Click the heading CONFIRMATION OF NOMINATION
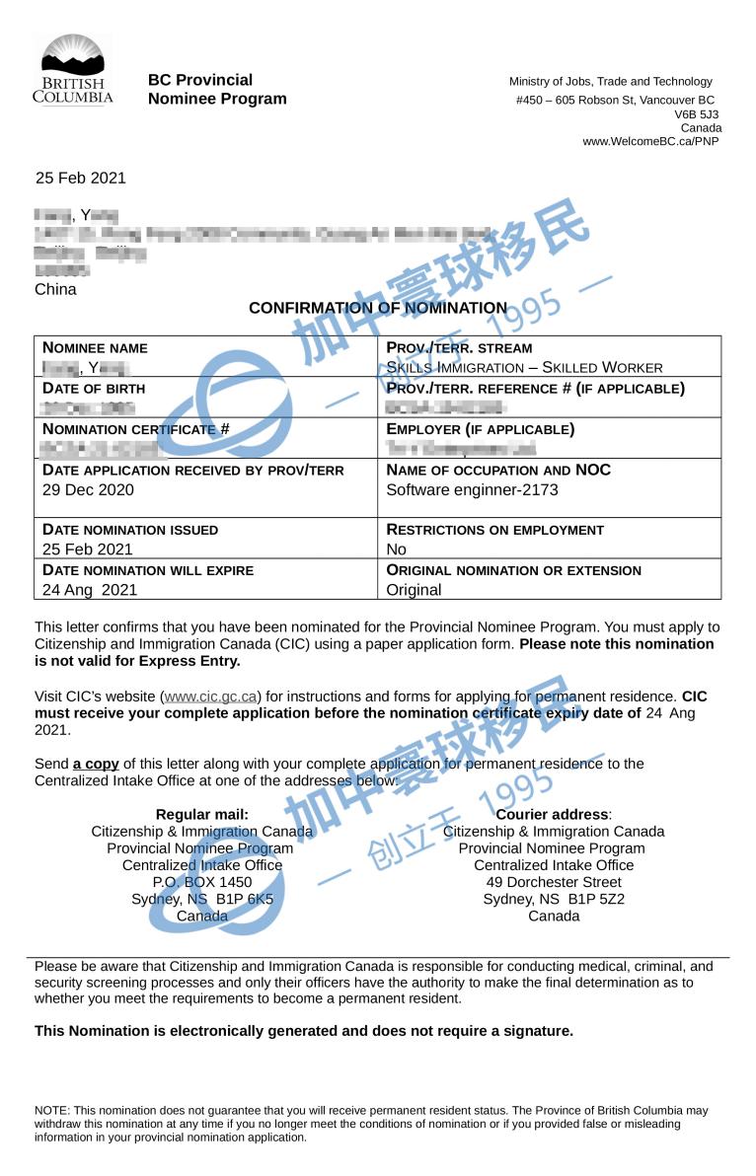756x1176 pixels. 378,308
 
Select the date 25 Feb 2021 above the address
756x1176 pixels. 81,178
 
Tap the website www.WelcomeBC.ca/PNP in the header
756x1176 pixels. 650,141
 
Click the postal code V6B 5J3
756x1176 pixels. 697,114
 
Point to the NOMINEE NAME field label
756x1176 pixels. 95,347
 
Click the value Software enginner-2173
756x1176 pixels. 472,489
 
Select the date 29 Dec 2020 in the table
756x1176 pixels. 88,489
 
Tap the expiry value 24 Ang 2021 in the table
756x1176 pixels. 90,590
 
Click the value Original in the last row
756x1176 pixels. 414,590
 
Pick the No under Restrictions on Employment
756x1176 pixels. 396,550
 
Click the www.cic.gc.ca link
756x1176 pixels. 211,697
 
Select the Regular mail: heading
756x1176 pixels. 202,814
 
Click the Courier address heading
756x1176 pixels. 554,814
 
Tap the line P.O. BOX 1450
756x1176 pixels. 202,882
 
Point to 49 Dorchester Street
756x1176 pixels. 554,882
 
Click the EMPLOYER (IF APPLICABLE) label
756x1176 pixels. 481,429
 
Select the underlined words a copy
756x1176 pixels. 96,764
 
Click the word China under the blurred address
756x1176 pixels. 55,289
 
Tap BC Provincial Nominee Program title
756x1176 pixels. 217,89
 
